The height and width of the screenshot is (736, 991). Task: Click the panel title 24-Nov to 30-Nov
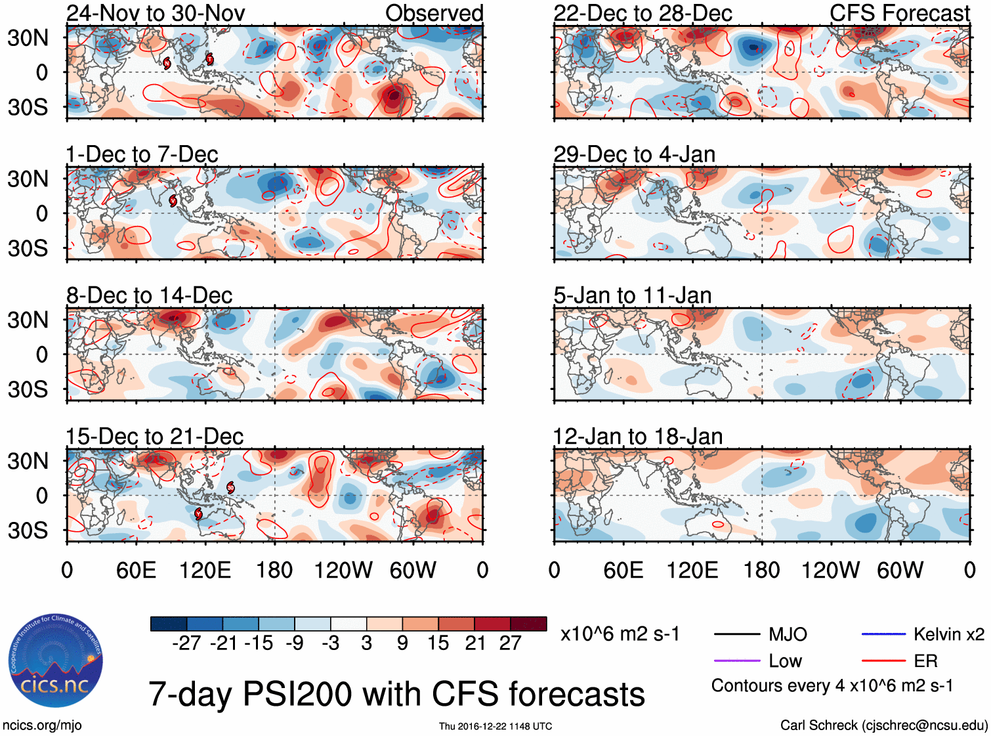coord(156,13)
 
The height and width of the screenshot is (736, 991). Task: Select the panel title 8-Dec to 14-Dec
coord(149,295)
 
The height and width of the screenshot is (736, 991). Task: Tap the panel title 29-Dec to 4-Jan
coord(634,154)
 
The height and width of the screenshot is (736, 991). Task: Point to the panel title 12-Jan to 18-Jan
coord(637,437)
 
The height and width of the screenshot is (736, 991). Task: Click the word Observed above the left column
coord(434,13)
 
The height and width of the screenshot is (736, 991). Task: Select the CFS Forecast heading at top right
coord(899,13)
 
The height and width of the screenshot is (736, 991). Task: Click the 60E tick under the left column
coord(136,570)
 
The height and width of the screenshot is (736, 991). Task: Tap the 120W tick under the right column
coord(830,570)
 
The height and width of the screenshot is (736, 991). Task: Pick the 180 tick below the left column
coord(274,570)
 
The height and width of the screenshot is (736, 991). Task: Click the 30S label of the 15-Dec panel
coord(28,530)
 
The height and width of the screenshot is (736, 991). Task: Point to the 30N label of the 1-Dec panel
coord(28,179)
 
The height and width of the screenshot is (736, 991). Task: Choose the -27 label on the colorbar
coord(186,643)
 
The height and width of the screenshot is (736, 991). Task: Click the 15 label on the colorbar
coord(438,643)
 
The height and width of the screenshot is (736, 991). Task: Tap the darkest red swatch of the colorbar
coord(528,624)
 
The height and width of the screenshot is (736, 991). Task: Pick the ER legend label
coord(925,661)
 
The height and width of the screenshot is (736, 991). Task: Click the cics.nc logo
coord(55,661)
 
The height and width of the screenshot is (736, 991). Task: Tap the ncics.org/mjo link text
coord(42,725)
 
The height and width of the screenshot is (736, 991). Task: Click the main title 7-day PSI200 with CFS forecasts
coord(396,694)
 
